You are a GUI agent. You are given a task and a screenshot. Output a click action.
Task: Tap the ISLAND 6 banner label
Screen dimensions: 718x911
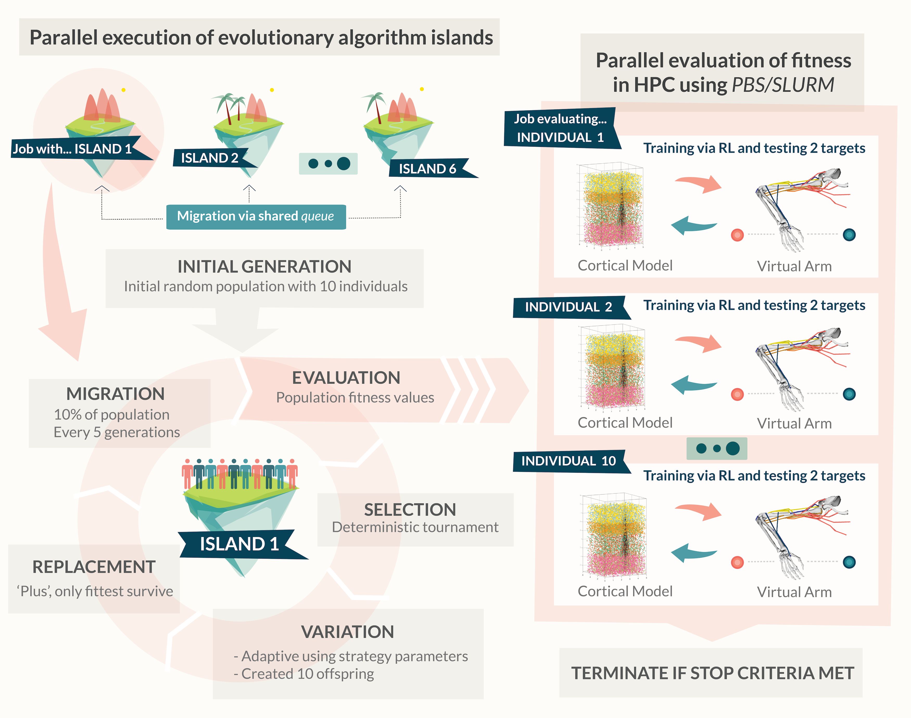coord(427,168)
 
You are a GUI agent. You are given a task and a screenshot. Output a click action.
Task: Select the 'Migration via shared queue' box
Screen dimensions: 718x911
coord(256,216)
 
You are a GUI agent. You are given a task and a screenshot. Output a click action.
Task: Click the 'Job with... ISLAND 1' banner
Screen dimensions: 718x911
coord(72,149)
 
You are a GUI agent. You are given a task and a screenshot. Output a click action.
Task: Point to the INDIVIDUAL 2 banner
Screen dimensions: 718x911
coord(568,307)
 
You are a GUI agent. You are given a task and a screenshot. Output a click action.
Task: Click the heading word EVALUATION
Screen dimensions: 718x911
coord(346,378)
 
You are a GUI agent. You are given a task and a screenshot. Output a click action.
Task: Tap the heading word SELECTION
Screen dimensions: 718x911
coord(410,509)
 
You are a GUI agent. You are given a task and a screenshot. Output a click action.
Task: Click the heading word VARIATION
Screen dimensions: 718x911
coord(347,632)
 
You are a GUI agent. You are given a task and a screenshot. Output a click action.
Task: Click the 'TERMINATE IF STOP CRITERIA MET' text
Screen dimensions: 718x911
coord(712,673)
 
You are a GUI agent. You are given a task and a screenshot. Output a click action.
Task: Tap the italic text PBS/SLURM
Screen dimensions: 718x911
coord(783,85)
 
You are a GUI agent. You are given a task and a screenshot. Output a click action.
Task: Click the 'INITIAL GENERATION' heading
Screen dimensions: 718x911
coord(264,266)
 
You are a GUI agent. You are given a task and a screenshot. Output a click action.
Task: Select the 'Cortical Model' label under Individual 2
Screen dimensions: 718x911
coord(625,422)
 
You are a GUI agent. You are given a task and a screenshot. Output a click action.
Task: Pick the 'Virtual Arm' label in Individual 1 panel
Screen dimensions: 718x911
coord(794,266)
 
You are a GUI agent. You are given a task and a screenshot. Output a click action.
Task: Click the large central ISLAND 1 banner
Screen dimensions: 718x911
coord(239,544)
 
